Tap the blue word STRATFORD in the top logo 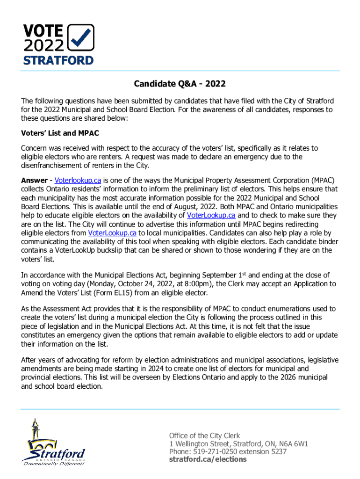point(58,60)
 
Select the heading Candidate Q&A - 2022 point(180,84)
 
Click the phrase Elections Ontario point(190,377)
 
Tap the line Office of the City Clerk point(204,435)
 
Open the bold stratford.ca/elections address point(208,460)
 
